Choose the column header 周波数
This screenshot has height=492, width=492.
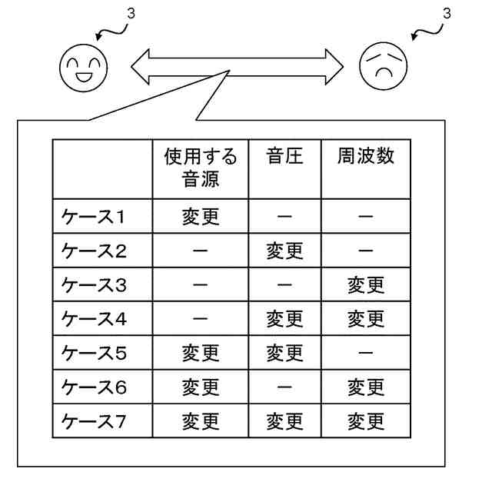[366, 158]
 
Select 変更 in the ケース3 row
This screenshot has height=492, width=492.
[366, 285]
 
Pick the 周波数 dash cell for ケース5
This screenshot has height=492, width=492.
[366, 354]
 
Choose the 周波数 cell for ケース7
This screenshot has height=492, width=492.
[366, 421]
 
